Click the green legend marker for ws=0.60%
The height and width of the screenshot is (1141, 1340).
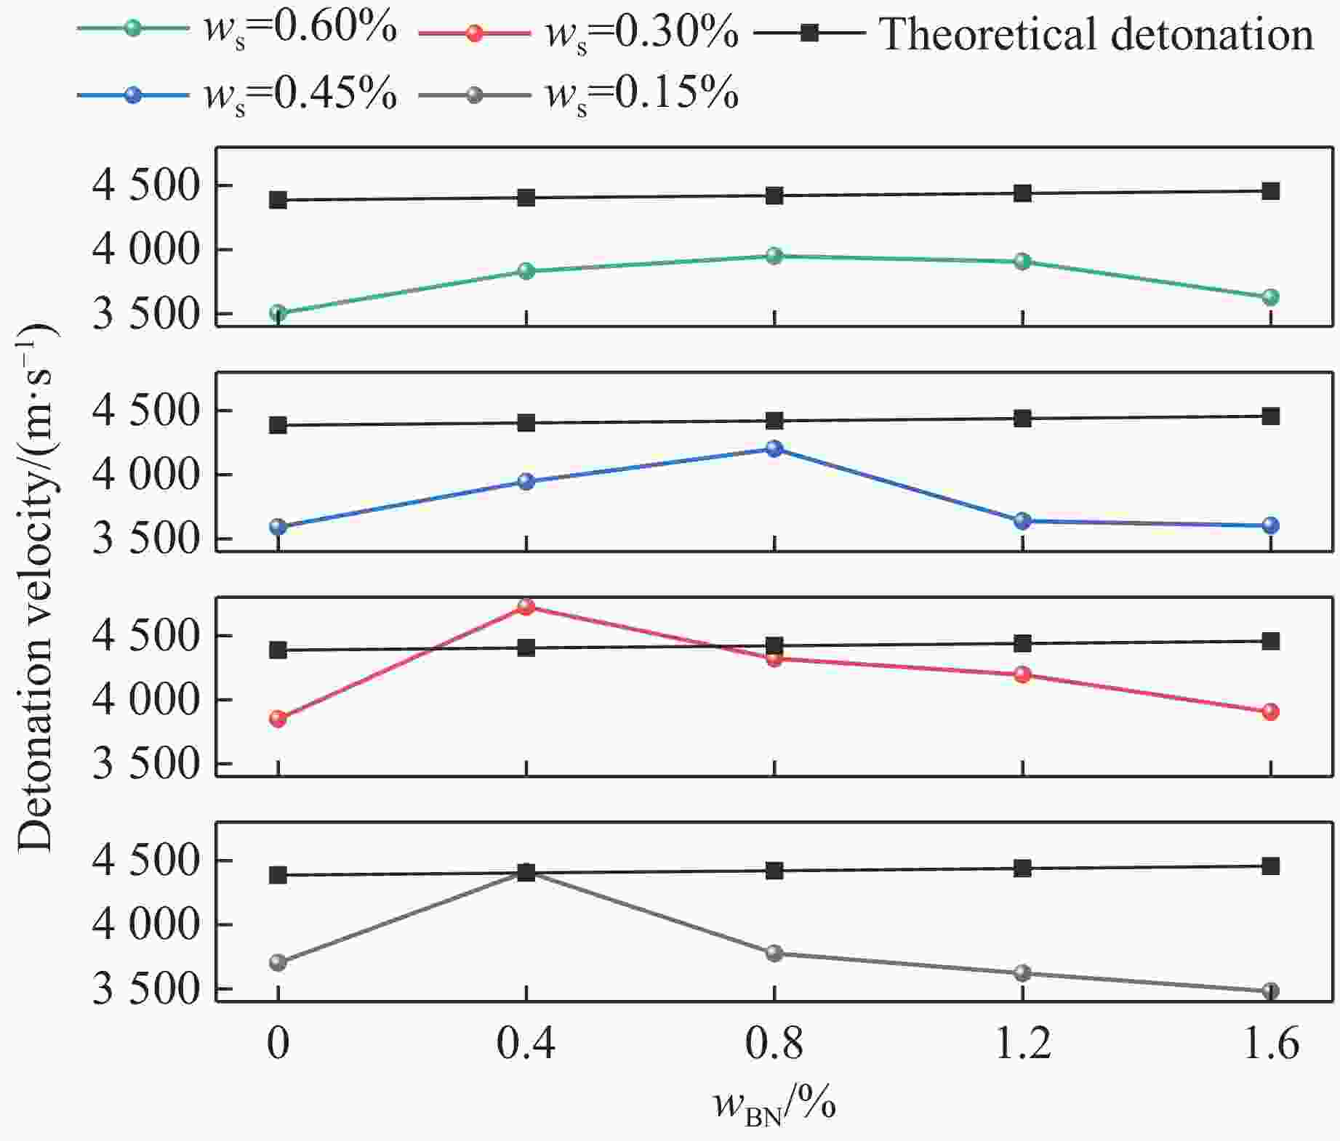click(x=132, y=29)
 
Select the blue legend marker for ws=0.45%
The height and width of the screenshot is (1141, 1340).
click(x=132, y=94)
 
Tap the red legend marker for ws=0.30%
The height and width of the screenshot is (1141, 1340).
click(x=474, y=33)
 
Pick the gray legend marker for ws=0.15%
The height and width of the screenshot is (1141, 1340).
click(x=474, y=94)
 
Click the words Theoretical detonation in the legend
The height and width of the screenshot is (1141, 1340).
click(x=1096, y=33)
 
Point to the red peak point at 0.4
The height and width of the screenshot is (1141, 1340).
click(x=526, y=607)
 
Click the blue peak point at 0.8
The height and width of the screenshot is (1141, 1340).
click(x=774, y=448)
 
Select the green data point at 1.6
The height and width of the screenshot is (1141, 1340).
click(x=1270, y=297)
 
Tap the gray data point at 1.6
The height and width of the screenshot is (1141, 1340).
click(x=1270, y=991)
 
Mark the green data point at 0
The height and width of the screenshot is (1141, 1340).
click(x=278, y=313)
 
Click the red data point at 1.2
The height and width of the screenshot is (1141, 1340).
click(x=1022, y=674)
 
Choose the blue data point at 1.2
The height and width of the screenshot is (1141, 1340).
click(x=1022, y=520)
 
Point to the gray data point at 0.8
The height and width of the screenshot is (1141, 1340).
click(x=774, y=953)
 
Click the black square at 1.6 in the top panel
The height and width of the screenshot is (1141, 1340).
click(x=1270, y=191)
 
